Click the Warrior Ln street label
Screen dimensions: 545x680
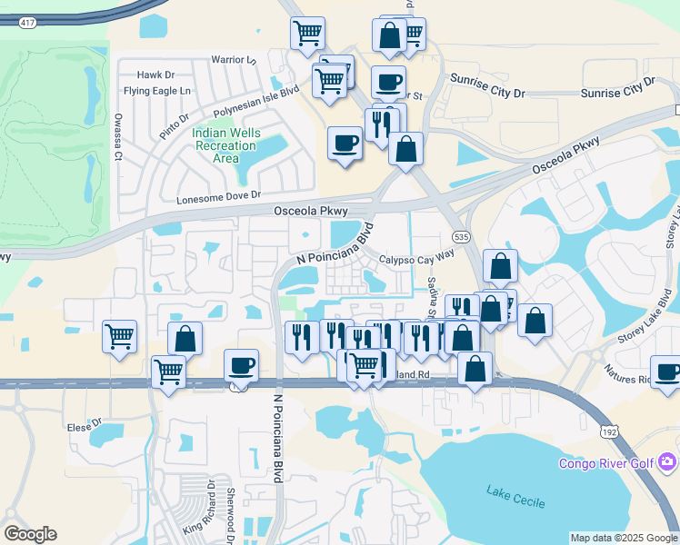(x=235, y=60)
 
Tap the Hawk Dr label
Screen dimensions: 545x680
(x=155, y=75)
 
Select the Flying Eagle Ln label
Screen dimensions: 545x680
(x=157, y=91)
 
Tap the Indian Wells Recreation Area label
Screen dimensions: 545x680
(x=226, y=145)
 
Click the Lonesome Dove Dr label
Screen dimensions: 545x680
(x=218, y=195)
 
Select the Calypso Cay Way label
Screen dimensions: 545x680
(x=416, y=258)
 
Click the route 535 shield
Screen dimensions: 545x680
(x=463, y=236)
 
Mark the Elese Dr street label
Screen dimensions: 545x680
(x=84, y=425)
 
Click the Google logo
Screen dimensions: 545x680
(x=31, y=534)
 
